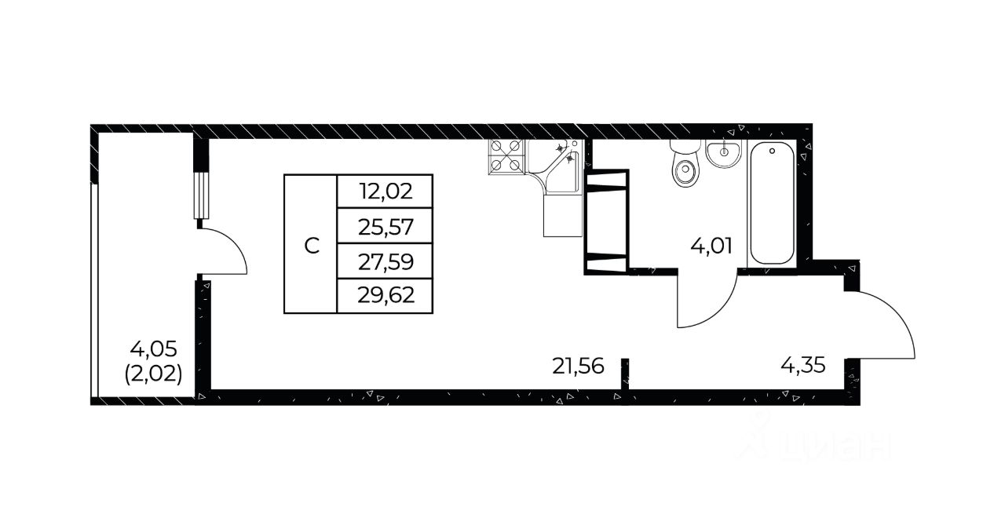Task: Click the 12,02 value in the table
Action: (x=386, y=192)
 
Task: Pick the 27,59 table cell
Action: (x=386, y=262)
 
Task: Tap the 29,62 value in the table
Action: (x=386, y=295)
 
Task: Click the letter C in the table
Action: (x=312, y=246)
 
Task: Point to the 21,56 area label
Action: (x=578, y=367)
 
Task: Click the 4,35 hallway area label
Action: (x=802, y=366)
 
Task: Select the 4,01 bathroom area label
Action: (x=711, y=246)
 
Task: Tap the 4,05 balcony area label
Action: (x=153, y=348)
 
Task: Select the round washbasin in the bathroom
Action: (x=723, y=153)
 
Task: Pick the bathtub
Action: (x=772, y=203)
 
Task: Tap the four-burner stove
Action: (x=506, y=156)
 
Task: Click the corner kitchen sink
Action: (x=554, y=166)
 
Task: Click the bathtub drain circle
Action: (x=772, y=151)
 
